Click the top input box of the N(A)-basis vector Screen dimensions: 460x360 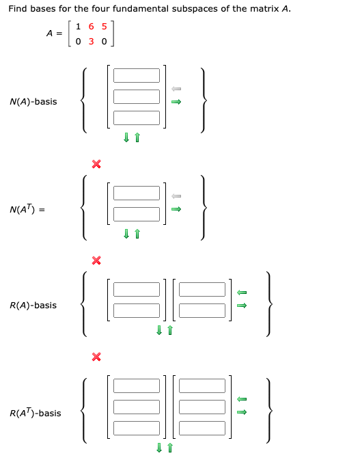(137, 75)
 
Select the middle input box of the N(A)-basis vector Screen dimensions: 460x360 (137, 96)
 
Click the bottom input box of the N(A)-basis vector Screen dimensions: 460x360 (137, 118)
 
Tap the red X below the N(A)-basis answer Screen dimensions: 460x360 (96, 163)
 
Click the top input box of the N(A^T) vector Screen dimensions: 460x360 (137, 193)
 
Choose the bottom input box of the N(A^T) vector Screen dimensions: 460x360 (137, 215)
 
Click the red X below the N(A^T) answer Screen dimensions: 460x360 (96, 260)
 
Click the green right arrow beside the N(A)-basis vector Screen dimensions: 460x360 (176, 103)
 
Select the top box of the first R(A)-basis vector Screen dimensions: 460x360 (137, 289)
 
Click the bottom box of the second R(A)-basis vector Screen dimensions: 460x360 (202, 310)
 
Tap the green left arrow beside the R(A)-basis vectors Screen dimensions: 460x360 (241, 293)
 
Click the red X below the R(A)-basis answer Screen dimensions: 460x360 (96, 356)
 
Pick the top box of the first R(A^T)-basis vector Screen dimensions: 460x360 (137, 386)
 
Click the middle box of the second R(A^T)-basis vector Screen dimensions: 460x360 (202, 407)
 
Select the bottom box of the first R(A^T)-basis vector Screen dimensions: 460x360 (137, 429)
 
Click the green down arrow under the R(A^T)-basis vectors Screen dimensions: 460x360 (159, 448)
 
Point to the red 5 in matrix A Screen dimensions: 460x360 (102, 27)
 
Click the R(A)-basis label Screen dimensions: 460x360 (33, 306)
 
